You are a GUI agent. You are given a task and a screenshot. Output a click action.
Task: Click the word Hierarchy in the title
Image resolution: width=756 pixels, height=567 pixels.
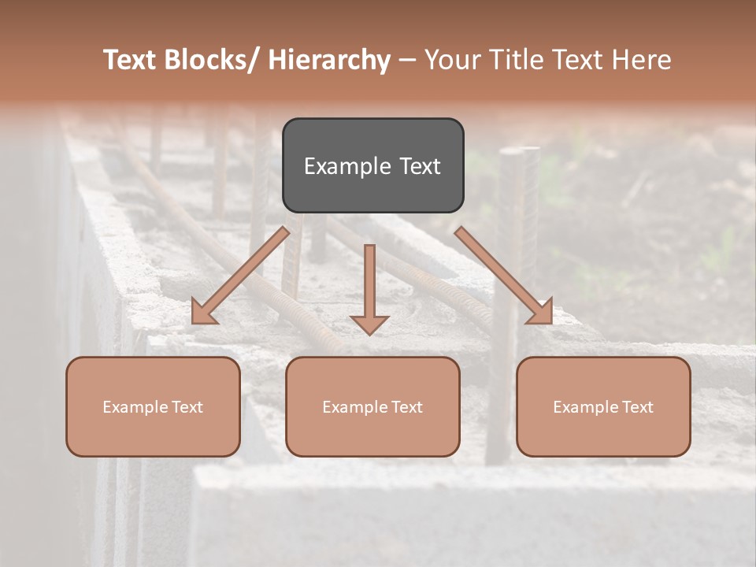(329, 60)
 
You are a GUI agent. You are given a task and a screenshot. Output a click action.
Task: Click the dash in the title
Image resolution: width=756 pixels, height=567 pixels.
(407, 61)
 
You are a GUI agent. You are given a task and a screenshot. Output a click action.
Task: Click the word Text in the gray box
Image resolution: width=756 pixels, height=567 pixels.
(419, 166)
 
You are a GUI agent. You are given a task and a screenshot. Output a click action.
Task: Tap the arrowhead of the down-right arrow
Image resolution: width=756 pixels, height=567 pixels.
(541, 313)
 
